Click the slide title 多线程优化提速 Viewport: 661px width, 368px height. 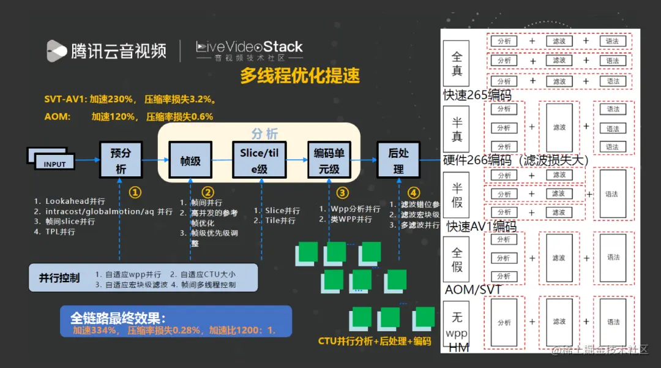point(299,76)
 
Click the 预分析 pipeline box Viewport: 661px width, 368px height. point(121,160)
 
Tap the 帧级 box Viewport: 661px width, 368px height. point(190,161)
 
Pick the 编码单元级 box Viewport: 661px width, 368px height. point(330,160)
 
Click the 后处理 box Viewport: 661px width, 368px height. point(398,160)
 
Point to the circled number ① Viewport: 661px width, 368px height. point(135,192)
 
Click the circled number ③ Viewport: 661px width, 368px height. point(342,192)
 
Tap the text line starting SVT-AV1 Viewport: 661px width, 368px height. point(129,99)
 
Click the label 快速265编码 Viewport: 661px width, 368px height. point(477,95)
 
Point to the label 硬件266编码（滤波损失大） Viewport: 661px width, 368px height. point(515,160)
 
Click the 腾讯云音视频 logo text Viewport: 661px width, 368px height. point(118,50)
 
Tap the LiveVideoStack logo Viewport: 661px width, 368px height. point(249,50)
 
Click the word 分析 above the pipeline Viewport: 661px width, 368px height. point(264,133)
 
